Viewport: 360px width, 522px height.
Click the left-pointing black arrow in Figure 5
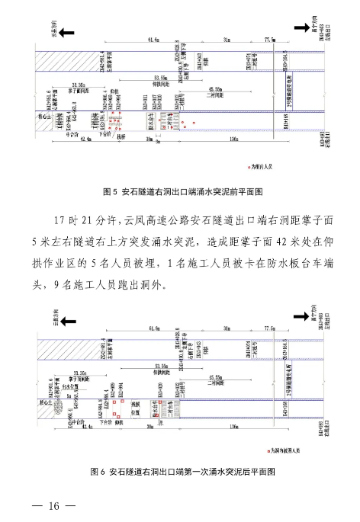tap(67, 31)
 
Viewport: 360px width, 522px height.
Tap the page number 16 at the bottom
tap(53, 507)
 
